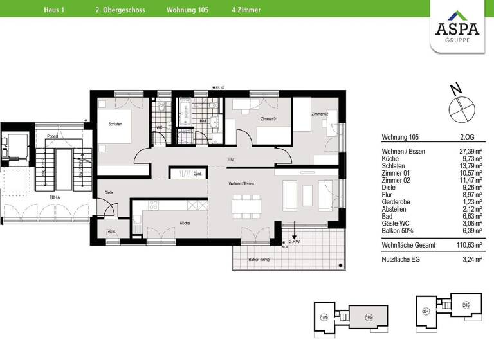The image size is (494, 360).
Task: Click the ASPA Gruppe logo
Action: (x=457, y=26)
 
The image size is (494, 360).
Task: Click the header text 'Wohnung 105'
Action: (x=183, y=10)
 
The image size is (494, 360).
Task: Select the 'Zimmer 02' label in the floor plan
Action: (x=320, y=114)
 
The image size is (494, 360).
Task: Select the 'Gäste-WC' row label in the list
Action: (x=396, y=222)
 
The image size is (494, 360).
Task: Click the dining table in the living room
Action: (x=248, y=204)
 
